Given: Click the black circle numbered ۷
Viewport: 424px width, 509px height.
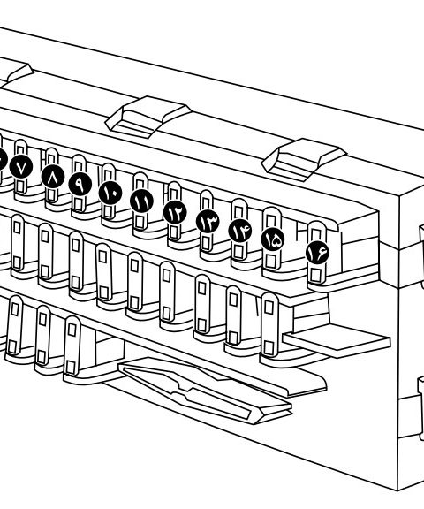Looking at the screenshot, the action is click(21, 168).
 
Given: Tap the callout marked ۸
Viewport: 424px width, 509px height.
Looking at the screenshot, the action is click(53, 176).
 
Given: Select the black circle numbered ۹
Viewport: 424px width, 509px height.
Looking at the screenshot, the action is click(80, 184).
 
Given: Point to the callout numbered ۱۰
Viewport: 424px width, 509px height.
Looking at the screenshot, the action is click(110, 192).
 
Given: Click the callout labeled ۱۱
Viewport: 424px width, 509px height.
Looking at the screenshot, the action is click(141, 201).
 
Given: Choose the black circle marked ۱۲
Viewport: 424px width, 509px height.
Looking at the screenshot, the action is click(175, 212).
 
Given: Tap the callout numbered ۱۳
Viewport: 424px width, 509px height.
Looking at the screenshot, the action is click(208, 222).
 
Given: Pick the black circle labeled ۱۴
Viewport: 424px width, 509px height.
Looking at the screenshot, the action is click(240, 231).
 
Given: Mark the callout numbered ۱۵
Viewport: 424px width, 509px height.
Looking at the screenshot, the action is click(273, 239).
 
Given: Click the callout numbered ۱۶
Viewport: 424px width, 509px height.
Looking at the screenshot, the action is click(317, 253).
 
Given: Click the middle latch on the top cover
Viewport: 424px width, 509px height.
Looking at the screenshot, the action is click(148, 117).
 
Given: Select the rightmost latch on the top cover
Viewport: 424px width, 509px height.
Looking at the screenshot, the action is click(303, 159).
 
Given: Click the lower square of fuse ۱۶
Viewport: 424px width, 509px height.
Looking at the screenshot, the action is click(314, 275).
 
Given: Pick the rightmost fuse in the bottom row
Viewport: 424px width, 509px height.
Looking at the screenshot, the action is click(269, 324).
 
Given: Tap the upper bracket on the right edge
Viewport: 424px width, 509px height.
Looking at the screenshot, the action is click(421, 255).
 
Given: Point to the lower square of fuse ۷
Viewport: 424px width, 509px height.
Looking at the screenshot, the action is click(20, 187).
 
